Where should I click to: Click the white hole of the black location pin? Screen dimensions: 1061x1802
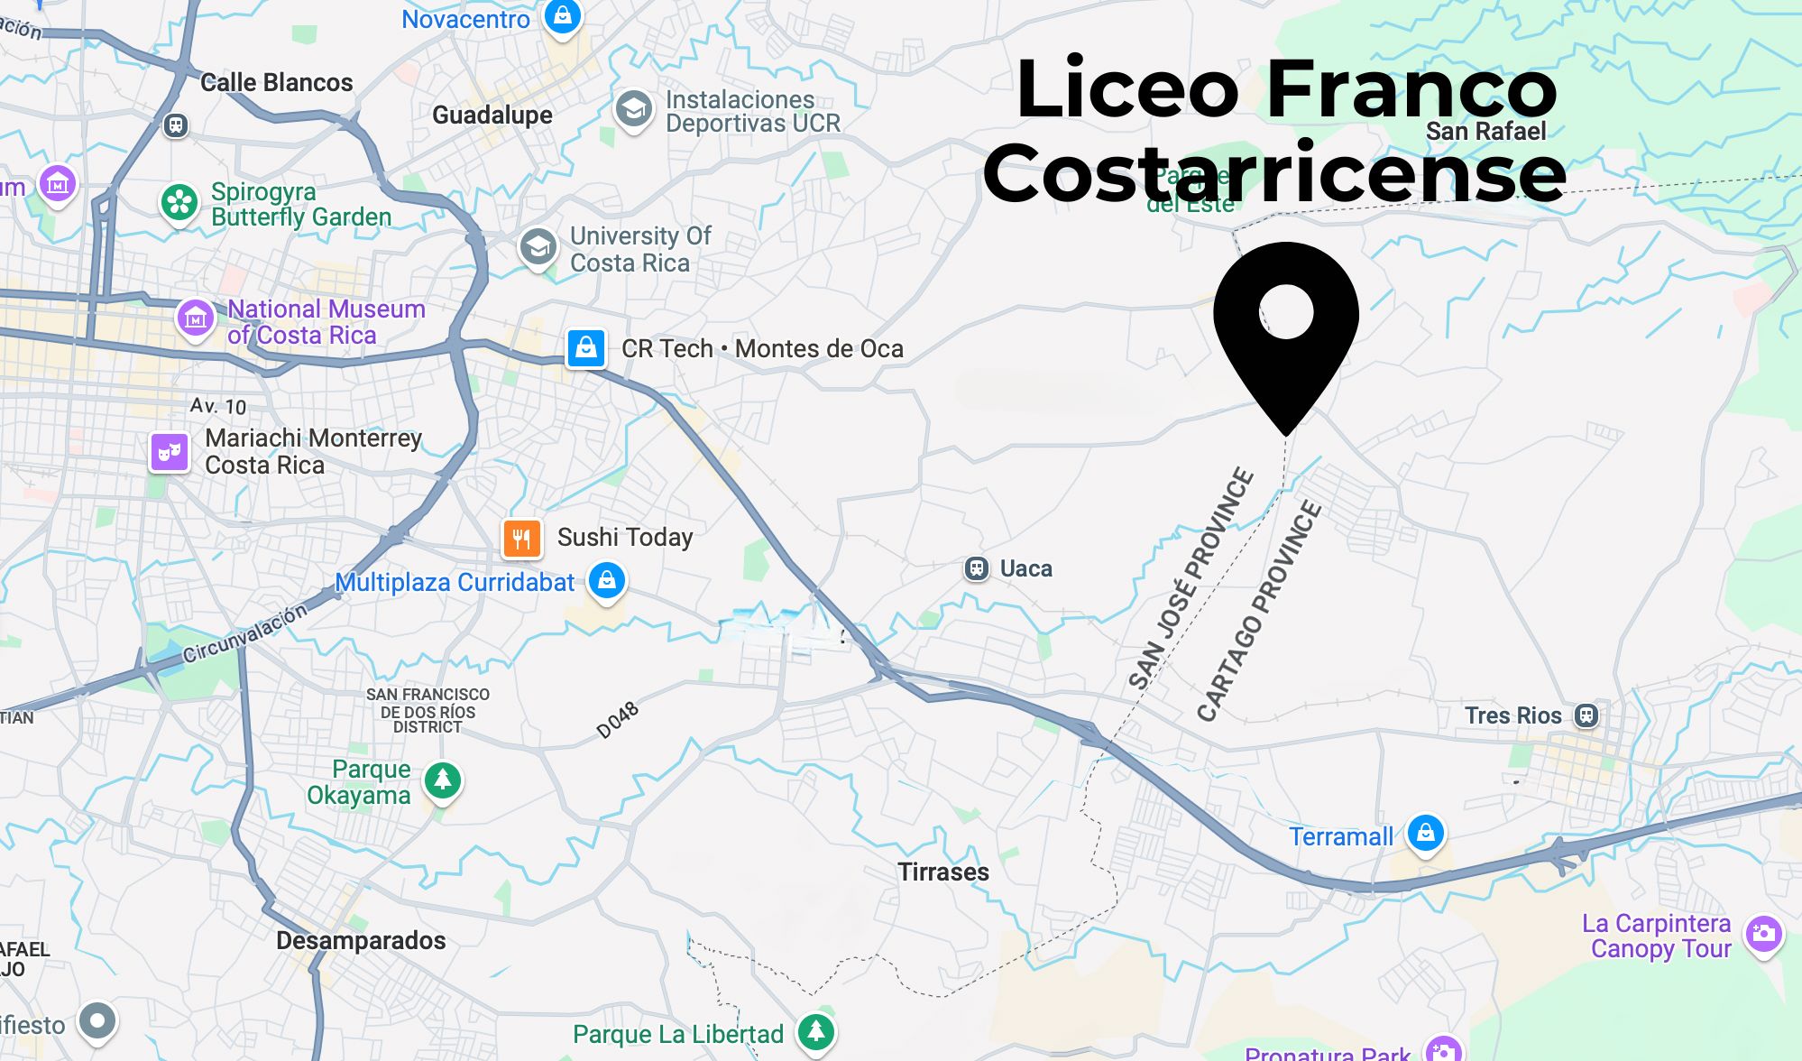[x=1286, y=312]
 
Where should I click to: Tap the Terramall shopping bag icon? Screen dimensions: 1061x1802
[x=1426, y=832]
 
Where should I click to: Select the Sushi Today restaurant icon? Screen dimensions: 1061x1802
[x=522, y=539]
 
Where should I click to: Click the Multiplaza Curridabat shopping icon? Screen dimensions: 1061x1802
[x=607, y=579]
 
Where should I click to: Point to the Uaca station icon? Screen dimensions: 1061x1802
[x=977, y=568]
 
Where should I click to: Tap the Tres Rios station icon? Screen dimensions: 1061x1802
[x=1586, y=715]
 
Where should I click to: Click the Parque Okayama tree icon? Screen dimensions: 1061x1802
[x=443, y=779]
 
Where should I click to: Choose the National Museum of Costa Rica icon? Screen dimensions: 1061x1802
[x=196, y=318]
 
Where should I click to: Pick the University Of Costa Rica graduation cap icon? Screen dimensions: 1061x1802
[x=538, y=245]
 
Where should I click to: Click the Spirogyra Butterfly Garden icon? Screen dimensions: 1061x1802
[x=179, y=202]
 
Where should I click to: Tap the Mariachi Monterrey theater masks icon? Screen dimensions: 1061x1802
[x=170, y=451]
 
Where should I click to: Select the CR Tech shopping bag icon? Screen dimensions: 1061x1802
[x=586, y=347]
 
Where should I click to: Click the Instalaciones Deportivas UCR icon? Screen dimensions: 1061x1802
[x=634, y=109]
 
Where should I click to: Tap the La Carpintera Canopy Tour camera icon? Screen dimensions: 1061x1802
[x=1764, y=934]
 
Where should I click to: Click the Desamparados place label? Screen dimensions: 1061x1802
[x=361, y=941]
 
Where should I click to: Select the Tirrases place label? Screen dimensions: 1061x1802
[x=943, y=872]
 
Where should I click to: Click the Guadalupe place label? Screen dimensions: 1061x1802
[x=492, y=115]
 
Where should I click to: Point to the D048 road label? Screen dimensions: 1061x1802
[x=618, y=720]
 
